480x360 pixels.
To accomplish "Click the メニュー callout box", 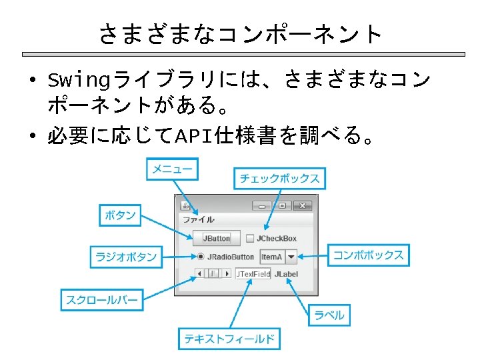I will [172, 169].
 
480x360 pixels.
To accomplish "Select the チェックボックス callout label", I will [279, 178].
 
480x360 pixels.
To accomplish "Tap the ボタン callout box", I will [121, 215].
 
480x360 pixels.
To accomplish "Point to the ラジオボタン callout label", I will [126, 257].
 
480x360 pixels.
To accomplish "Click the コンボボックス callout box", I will [369, 255].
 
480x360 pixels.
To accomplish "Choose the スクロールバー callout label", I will [101, 300].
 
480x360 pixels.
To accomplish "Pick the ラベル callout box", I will [329, 315].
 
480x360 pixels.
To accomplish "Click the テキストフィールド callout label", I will [229, 339].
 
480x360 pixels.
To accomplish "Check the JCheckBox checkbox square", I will [250, 238].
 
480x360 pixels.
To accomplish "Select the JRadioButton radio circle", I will [201, 257].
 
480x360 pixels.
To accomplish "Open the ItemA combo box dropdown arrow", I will [291, 257].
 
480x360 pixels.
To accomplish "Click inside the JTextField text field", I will [253, 273].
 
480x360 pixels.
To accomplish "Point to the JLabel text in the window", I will [286, 273].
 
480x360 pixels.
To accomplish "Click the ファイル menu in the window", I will [199, 219].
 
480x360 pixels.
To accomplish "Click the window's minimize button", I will [261, 205].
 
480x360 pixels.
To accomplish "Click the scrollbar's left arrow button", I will [198, 273].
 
